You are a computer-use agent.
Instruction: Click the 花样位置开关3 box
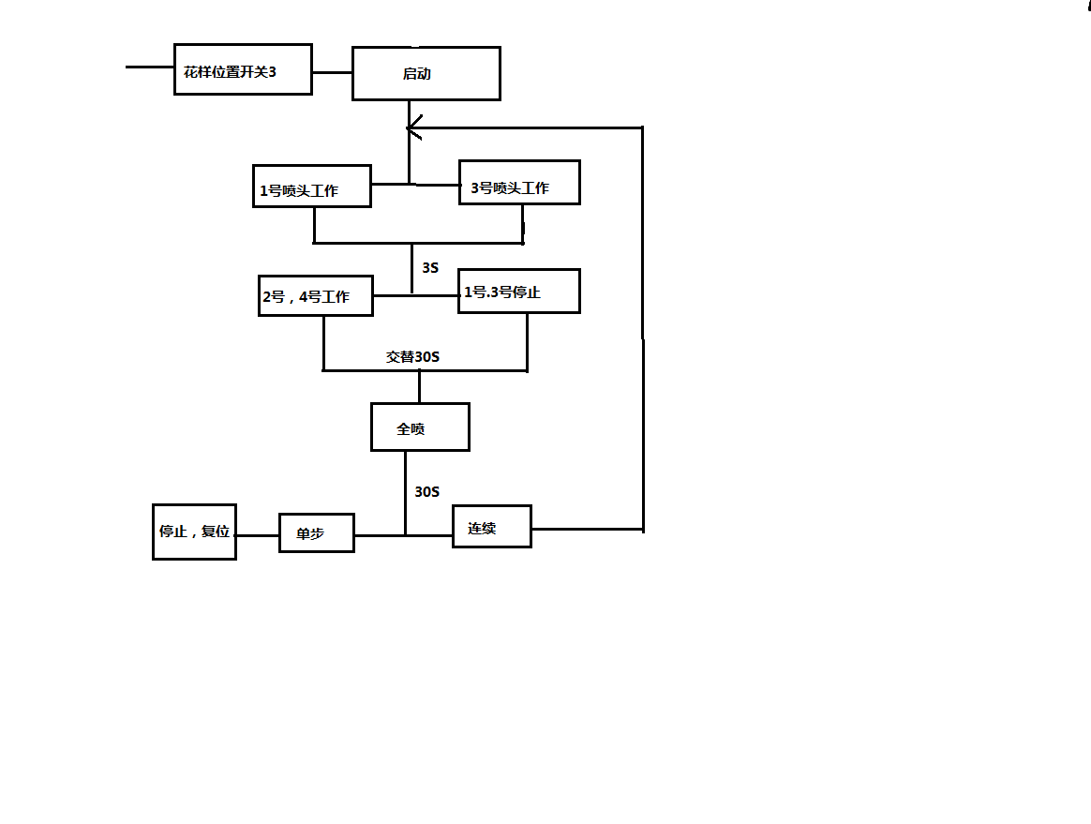[243, 69]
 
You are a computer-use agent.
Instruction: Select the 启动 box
[426, 73]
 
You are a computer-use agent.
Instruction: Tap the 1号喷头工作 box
[312, 187]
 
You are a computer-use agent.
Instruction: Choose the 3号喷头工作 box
[519, 182]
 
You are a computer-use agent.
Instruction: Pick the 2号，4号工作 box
[316, 295]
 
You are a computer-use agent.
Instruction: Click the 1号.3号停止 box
[519, 291]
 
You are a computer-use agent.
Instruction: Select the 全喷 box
[420, 427]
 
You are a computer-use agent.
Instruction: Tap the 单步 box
[317, 532]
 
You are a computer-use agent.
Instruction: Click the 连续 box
[491, 527]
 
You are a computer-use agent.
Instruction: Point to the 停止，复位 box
[194, 532]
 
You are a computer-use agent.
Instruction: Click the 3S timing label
[430, 268]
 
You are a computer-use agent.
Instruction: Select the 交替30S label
[412, 356]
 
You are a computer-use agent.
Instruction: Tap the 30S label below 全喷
[427, 491]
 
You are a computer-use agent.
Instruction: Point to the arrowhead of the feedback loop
[412, 127]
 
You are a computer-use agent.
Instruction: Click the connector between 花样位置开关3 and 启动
[332, 72]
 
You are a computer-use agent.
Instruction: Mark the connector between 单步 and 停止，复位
[257, 535]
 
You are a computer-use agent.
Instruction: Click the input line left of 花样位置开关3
[150, 67]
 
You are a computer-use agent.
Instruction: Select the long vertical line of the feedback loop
[643, 328]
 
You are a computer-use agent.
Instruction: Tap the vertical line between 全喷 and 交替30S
[419, 386]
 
